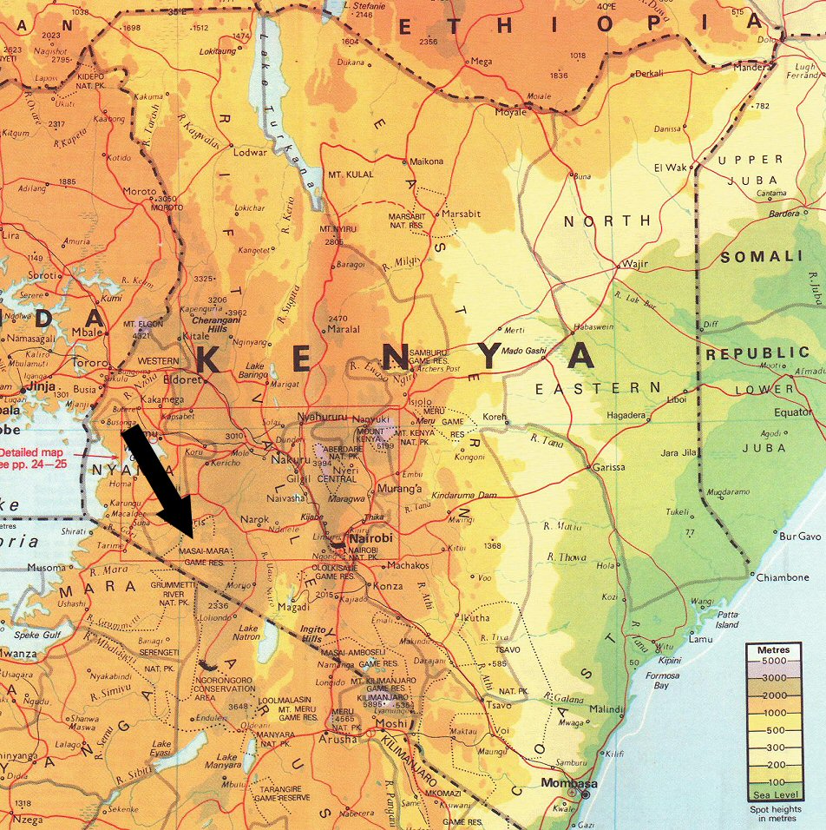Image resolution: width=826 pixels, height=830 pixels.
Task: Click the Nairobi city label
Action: (x=372, y=539)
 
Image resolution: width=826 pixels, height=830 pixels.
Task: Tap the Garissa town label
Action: (x=609, y=467)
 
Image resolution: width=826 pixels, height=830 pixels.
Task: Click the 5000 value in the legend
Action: (x=774, y=662)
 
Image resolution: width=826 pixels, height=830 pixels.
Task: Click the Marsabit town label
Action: (x=461, y=214)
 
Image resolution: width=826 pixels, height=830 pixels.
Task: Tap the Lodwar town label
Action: (x=252, y=152)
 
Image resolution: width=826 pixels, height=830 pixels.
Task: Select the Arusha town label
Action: (x=338, y=739)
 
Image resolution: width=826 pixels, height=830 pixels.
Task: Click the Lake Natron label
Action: (x=248, y=632)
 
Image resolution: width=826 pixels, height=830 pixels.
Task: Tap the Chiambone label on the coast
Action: (x=783, y=577)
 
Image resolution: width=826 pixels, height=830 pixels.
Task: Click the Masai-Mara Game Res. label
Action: (x=206, y=557)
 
